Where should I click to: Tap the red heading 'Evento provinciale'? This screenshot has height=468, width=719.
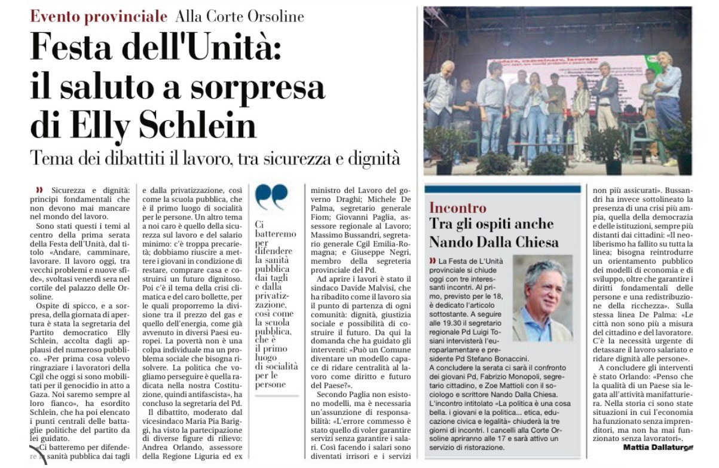(x=99, y=16)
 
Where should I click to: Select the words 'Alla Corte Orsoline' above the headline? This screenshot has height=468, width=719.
(x=239, y=16)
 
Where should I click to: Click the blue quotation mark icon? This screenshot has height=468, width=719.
(x=271, y=196)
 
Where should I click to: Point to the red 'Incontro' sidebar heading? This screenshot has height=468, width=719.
(x=458, y=207)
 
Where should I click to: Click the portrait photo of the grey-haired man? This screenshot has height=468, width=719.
(x=542, y=298)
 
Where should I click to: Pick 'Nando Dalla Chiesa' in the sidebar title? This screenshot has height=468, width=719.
(x=494, y=241)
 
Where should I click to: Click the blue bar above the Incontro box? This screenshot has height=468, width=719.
(x=502, y=189)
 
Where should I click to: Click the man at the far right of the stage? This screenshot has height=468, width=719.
(x=666, y=102)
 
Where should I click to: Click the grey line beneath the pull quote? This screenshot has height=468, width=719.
(x=277, y=395)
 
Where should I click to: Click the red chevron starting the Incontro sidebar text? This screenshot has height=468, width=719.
(x=432, y=261)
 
